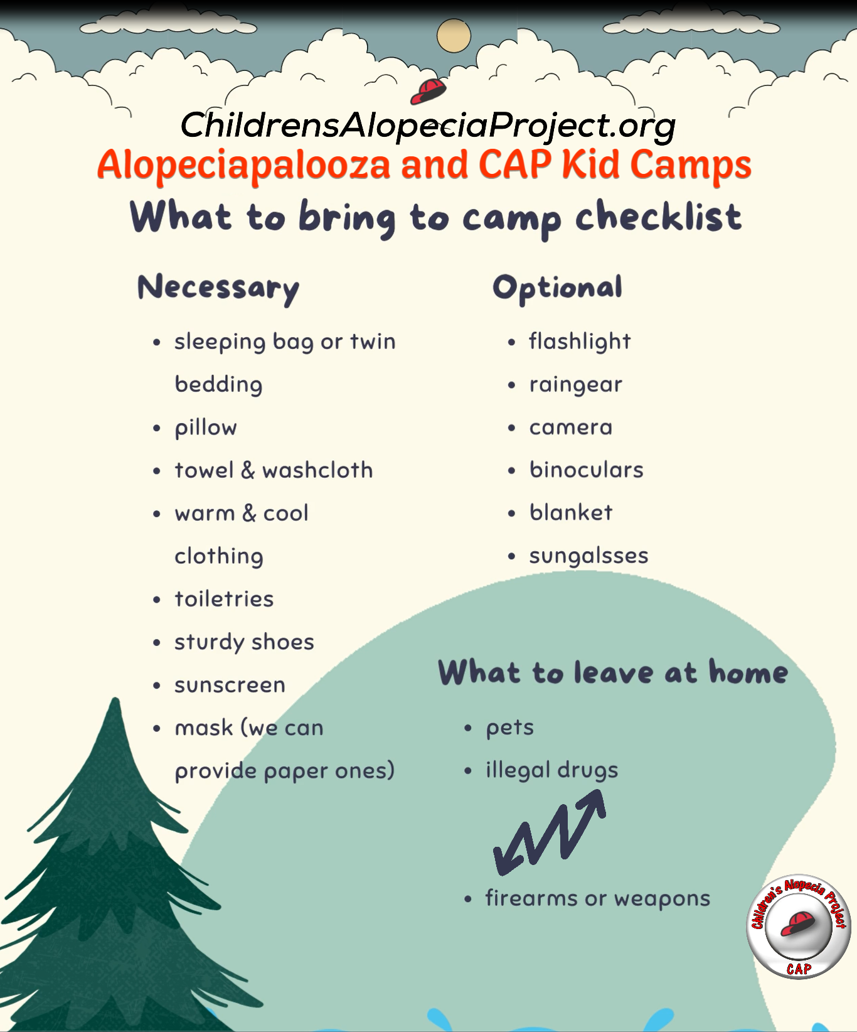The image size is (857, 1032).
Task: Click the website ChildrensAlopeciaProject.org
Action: (428, 126)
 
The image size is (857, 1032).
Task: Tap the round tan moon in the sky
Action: (454, 36)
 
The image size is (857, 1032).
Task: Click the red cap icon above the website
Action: (428, 91)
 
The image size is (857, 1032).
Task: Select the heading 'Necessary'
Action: (218, 288)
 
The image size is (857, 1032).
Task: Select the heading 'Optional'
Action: (558, 288)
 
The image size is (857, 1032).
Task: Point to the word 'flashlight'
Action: (580, 341)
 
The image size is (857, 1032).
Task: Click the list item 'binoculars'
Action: (587, 470)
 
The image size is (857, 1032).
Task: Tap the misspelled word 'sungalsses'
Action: (588, 556)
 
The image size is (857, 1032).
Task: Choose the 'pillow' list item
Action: (206, 428)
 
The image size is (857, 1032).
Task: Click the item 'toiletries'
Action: (224, 599)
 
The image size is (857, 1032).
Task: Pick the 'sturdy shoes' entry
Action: (244, 642)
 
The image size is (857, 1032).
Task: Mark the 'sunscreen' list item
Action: (230, 685)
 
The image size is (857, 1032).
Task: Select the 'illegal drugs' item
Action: (552, 770)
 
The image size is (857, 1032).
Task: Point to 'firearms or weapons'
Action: (598, 899)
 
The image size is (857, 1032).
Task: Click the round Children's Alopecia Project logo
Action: (799, 927)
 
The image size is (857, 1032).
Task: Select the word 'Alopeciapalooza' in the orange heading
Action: (243, 166)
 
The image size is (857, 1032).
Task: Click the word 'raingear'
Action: (575, 385)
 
